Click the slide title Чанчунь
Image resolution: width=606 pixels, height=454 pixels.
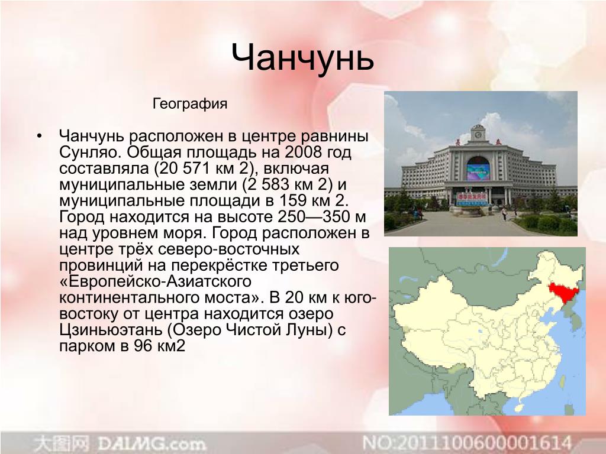pyautogui.click(x=302, y=58)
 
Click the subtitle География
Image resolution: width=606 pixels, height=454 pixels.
pyautogui.click(x=190, y=104)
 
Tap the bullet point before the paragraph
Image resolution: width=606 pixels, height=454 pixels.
pyautogui.click(x=39, y=137)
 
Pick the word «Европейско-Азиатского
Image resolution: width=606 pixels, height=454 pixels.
pyautogui.click(x=156, y=281)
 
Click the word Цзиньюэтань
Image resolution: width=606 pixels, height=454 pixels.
pyautogui.click(x=111, y=330)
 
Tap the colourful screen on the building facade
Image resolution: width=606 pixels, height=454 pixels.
pyautogui.click(x=478, y=171)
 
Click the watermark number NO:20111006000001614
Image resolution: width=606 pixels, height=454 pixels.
pyautogui.click(x=467, y=443)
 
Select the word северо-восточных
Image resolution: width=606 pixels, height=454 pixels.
pyautogui.click(x=229, y=249)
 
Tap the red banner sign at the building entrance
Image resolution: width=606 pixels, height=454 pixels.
pyautogui.click(x=472, y=199)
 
